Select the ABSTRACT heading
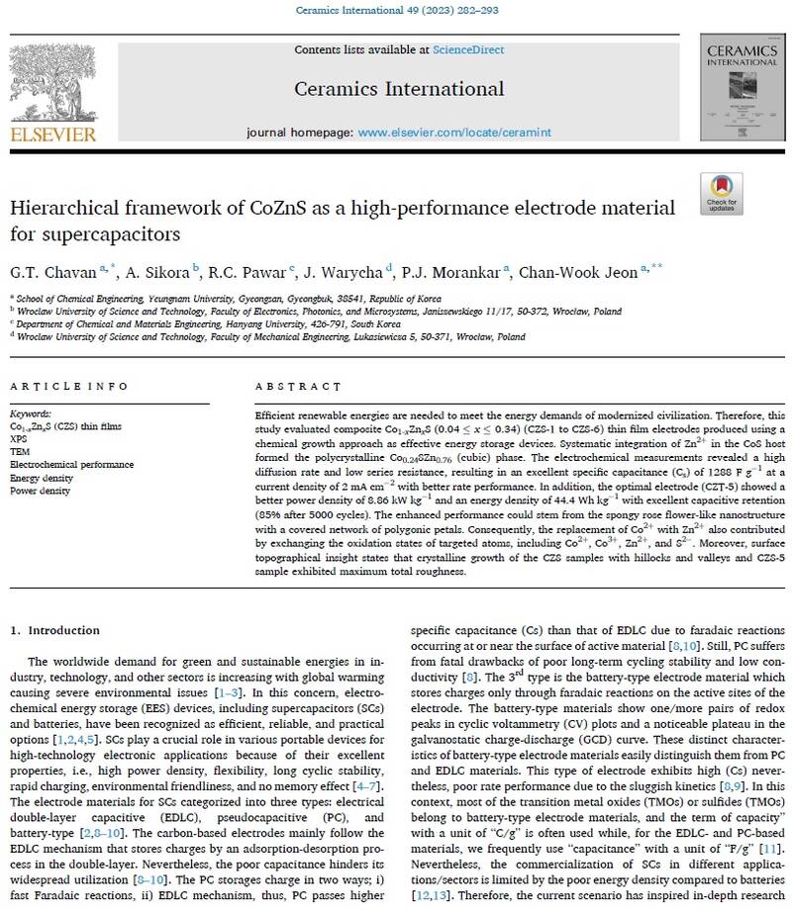click(288, 387)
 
